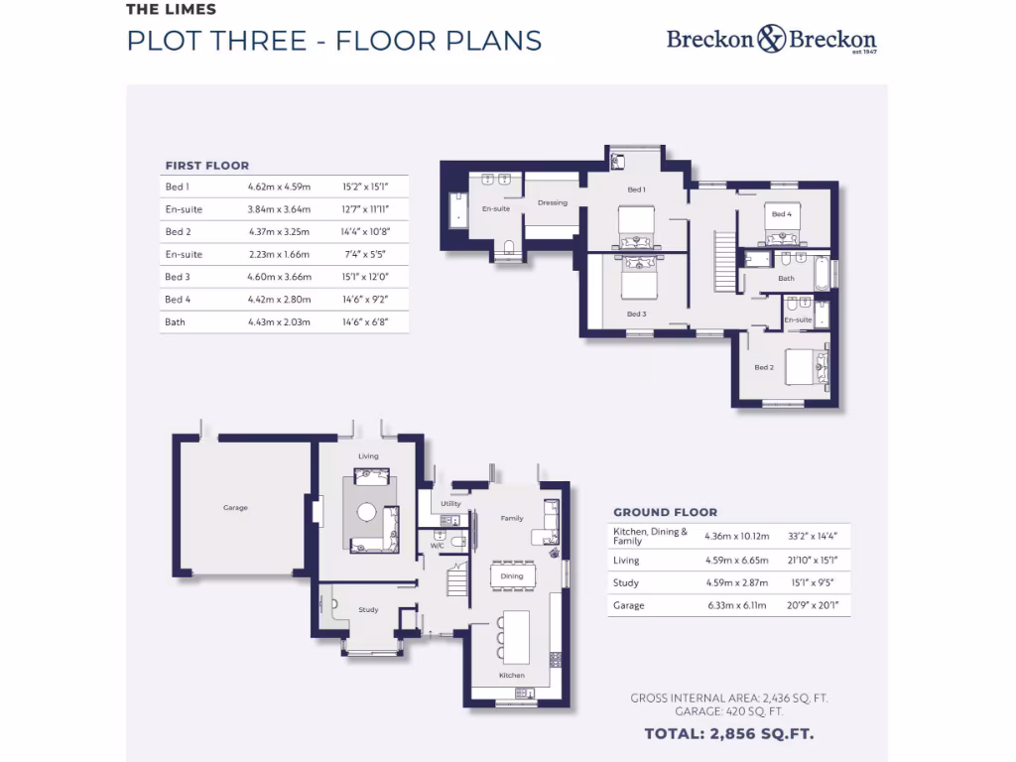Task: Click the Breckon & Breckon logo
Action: coord(771,40)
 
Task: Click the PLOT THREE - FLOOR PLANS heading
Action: coord(334,41)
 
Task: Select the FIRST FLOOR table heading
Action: coord(206,166)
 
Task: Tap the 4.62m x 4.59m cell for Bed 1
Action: coord(279,187)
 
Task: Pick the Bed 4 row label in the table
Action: coord(178,300)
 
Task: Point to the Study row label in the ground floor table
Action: coord(626,583)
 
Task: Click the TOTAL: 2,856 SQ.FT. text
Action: coord(729,734)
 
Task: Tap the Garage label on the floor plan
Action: coord(235,508)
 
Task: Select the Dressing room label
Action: coord(553,203)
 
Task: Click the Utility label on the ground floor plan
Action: coord(450,504)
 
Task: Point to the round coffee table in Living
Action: coord(367,513)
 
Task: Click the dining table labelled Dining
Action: coord(512,575)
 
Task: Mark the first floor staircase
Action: coord(724,261)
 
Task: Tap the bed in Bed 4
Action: coord(783,226)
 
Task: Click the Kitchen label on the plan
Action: coord(511,676)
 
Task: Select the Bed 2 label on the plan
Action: coord(763,367)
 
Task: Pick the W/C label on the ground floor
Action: coord(437,545)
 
